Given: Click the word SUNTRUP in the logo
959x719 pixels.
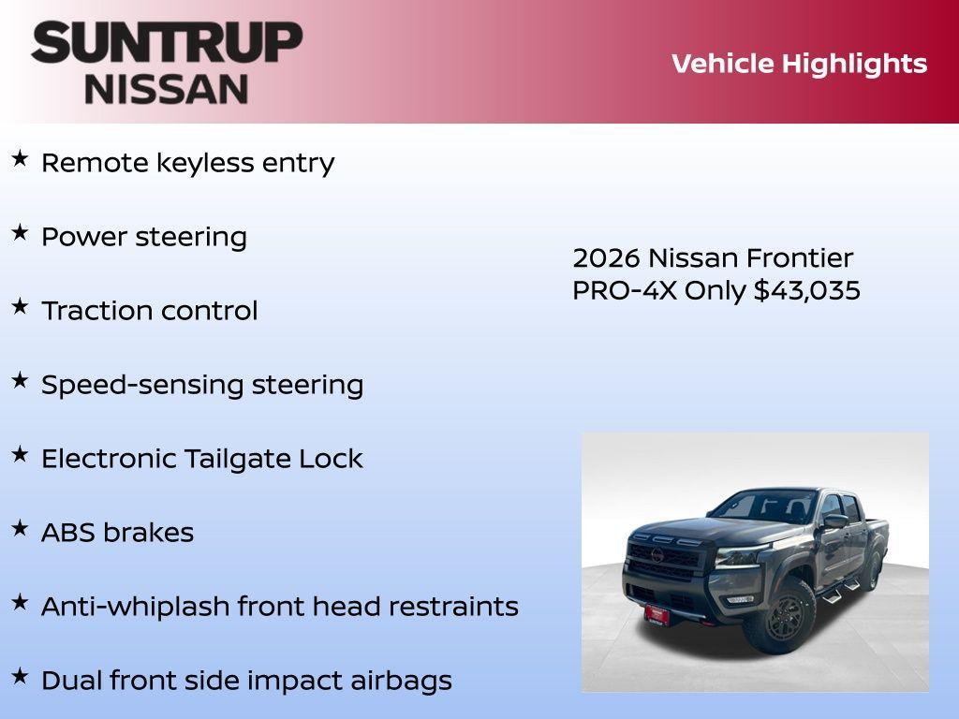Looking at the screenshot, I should click(167, 43).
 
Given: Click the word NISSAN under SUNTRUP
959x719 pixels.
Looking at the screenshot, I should click(167, 88).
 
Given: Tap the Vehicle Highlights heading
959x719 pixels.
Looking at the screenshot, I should click(799, 64).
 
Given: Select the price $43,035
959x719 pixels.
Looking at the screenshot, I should click(807, 290).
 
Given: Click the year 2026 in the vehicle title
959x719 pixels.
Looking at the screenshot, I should click(606, 258).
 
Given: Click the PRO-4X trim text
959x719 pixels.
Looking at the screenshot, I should click(625, 290).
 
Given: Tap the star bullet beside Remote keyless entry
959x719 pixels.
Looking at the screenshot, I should click(20, 159).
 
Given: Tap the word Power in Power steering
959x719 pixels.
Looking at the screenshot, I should click(84, 237).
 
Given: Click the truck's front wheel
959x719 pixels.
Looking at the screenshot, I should click(778, 615).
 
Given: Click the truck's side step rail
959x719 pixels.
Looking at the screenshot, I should click(839, 591).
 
